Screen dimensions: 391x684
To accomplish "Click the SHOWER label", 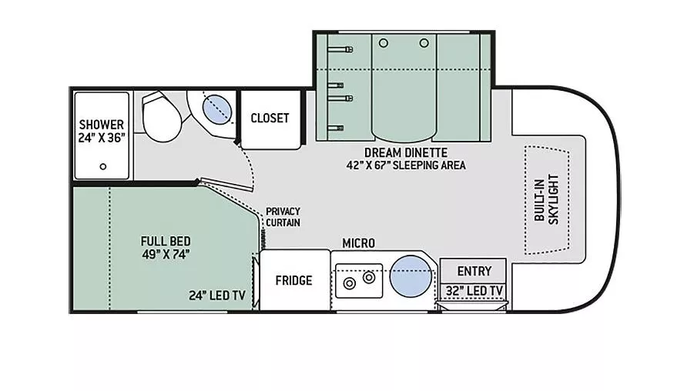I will click(101, 125).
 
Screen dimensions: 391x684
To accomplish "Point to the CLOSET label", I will click(270, 119).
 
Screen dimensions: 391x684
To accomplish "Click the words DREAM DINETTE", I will click(405, 152).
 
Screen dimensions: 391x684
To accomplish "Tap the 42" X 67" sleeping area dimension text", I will click(405, 165).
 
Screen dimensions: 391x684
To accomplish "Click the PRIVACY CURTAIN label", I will click(283, 217).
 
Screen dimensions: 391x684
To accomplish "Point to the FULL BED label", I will click(165, 240).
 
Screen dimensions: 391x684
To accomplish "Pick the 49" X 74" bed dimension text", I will click(165, 253).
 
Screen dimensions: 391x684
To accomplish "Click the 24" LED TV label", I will click(216, 295).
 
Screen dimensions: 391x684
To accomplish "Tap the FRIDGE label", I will click(293, 280).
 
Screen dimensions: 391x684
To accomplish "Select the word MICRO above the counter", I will click(358, 243).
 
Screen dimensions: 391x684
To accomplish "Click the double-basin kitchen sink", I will click(359, 279).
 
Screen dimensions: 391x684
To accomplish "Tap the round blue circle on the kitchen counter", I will click(410, 276).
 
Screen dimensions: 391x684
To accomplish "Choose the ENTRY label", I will click(474, 271).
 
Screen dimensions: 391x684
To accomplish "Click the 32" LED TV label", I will click(474, 290).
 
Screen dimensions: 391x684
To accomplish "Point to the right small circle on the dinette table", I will click(424, 43).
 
